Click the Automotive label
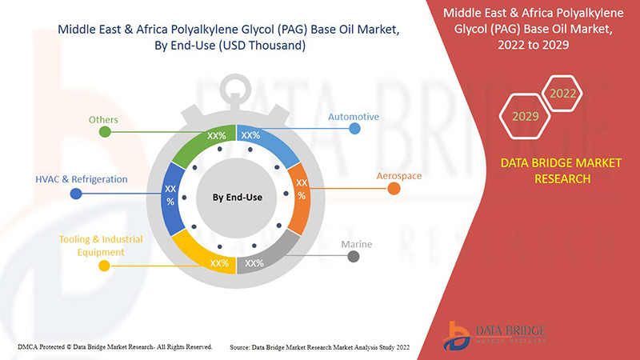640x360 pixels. pos(353,117)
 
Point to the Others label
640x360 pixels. pos(103,120)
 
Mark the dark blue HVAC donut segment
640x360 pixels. pos(172,194)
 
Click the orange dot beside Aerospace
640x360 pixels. pos(394,189)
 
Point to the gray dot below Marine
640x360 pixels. pos(353,257)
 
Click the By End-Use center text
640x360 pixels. pos(237,196)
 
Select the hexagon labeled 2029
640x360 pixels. pos(525,117)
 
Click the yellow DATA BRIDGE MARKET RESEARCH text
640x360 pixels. pos(560,170)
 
